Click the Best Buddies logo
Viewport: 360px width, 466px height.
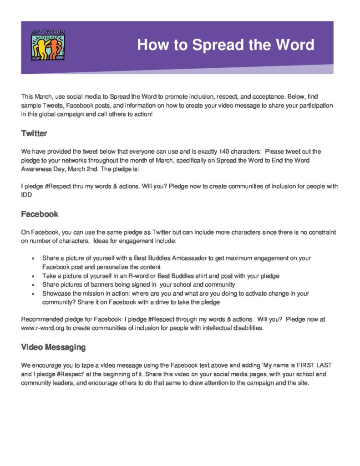coord(48,45)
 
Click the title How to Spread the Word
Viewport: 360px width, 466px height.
coord(226,45)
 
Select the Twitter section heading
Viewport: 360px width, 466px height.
coord(34,134)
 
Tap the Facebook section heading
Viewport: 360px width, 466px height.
coord(40,214)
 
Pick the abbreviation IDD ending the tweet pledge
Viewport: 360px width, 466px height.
coord(27,194)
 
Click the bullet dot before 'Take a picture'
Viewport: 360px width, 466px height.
coord(33,276)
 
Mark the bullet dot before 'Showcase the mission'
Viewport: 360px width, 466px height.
coord(33,294)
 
